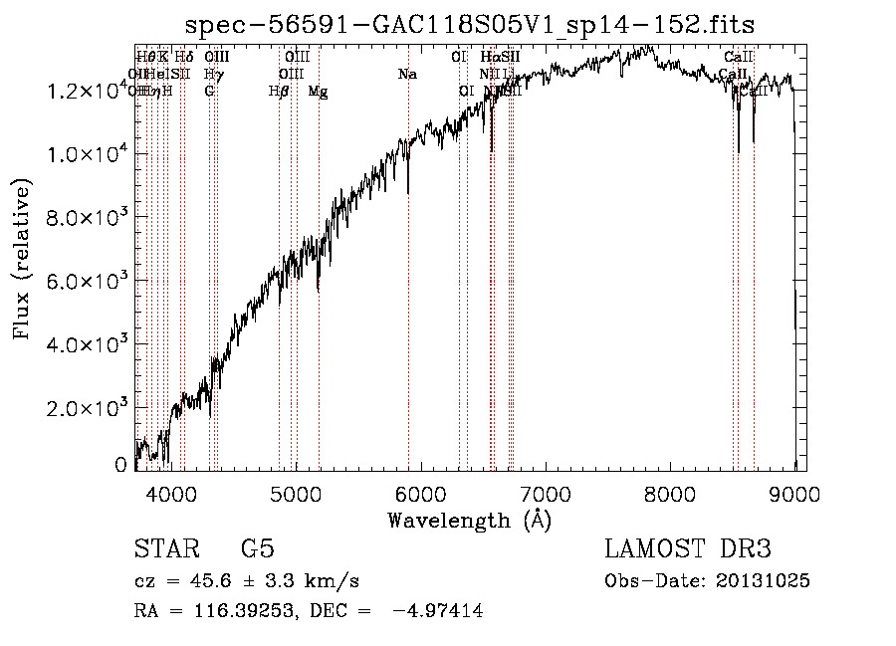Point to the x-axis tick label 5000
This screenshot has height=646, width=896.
296,493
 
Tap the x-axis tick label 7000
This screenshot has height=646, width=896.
546,493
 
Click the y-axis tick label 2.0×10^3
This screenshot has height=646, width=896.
85,408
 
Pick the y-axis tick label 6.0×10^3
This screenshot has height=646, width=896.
85,281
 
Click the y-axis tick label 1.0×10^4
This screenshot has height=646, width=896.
85,154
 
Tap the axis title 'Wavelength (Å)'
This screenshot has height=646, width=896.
470,520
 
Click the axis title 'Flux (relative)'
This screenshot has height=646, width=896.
23,259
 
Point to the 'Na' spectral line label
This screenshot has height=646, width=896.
407,75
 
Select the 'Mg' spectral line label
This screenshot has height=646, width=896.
318,92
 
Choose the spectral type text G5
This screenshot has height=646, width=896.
258,549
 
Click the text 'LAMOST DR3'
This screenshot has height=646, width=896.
688,549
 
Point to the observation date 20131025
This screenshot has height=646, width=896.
762,581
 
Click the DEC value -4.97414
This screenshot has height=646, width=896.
438,612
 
